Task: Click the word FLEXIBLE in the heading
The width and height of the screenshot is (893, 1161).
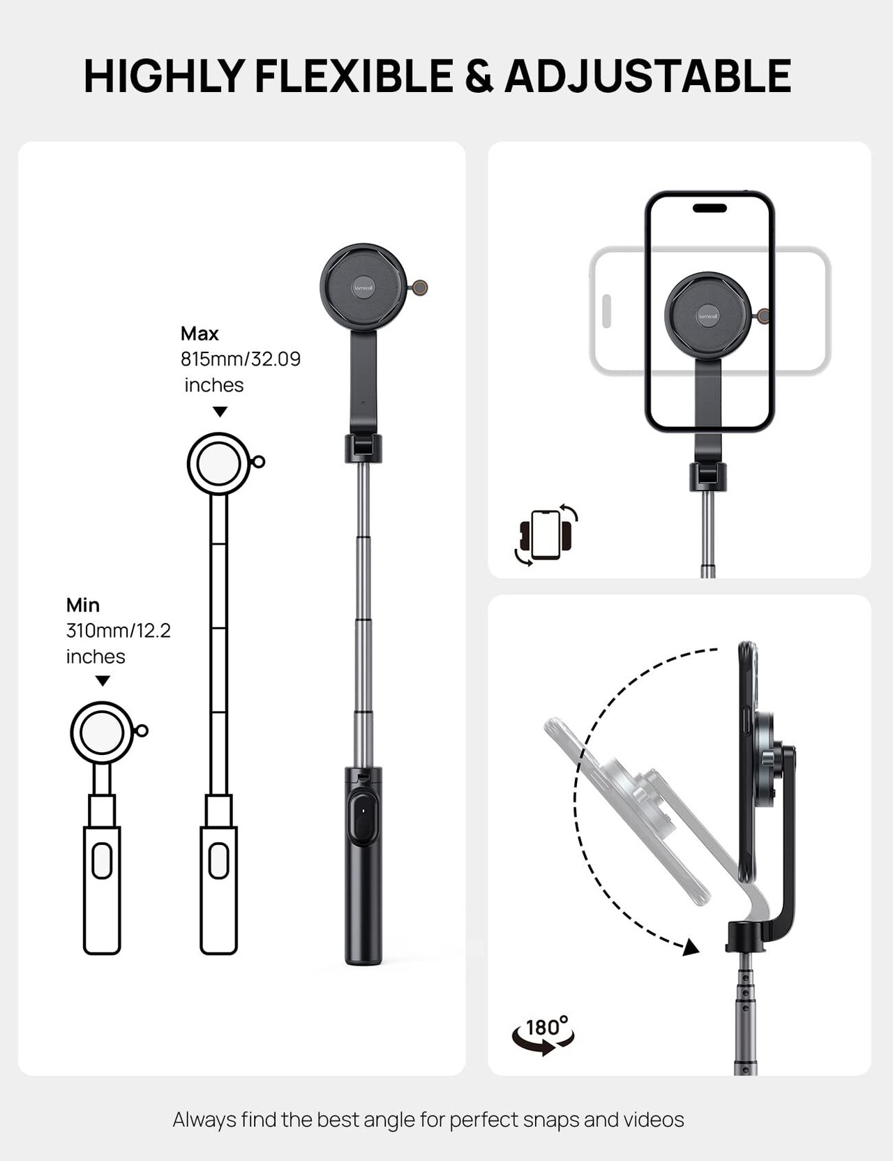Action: (x=354, y=76)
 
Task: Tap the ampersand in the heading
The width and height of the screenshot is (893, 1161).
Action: (x=479, y=77)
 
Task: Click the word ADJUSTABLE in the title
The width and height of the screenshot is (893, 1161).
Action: (x=647, y=76)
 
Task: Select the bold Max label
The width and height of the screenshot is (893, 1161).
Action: (x=200, y=334)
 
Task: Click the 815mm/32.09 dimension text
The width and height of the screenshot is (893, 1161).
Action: (x=241, y=359)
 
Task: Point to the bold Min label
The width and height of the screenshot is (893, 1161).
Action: (x=83, y=605)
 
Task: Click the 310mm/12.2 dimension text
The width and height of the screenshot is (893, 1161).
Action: (x=119, y=631)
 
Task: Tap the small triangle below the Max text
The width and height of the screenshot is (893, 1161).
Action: (x=220, y=412)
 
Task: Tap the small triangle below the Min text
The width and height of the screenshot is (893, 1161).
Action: (x=103, y=681)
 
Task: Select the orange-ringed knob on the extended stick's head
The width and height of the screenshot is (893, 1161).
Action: (x=420, y=287)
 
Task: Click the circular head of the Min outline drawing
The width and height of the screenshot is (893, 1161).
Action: (x=102, y=733)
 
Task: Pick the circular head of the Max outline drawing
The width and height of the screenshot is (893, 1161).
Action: (x=218, y=464)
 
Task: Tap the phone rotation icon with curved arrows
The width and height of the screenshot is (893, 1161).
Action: (x=546, y=534)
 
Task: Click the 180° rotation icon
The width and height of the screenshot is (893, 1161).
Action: (x=543, y=1033)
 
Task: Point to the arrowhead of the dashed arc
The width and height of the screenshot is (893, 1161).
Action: (x=691, y=947)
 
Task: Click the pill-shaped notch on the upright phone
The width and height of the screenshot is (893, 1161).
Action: (x=710, y=208)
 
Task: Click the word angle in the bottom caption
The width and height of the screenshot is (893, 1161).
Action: (x=387, y=1120)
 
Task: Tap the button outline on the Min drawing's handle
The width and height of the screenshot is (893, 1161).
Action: (x=102, y=861)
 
